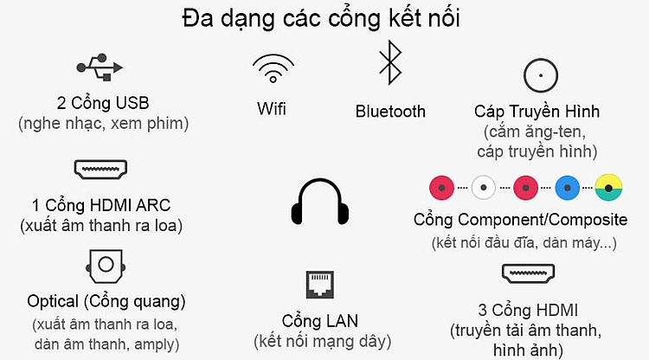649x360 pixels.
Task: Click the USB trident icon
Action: point(100,67)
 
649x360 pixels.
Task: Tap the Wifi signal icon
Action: point(273,68)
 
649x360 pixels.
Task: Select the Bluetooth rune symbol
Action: point(390,62)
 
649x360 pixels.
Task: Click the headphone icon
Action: point(320,202)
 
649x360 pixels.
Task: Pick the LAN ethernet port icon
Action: point(320,285)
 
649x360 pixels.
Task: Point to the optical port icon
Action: point(106,266)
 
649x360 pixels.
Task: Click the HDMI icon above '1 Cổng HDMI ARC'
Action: point(100,170)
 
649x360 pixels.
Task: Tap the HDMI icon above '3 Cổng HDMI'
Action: point(528,273)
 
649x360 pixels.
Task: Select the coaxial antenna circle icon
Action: point(541,75)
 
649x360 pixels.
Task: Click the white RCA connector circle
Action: point(484,188)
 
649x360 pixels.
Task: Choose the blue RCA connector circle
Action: point(568,188)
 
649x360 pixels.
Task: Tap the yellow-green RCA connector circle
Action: point(608,188)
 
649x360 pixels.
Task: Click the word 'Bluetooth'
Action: point(390,112)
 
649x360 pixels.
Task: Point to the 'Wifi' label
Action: point(272,109)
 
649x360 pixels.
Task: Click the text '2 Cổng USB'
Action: point(103,103)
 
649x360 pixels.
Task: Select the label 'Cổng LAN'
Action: point(320,321)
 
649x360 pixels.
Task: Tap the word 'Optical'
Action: point(53,302)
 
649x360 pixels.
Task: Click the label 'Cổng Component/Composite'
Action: point(520,220)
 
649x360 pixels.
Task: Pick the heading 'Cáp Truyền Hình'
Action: point(537,111)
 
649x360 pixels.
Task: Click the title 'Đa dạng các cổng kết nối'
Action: point(321,19)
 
